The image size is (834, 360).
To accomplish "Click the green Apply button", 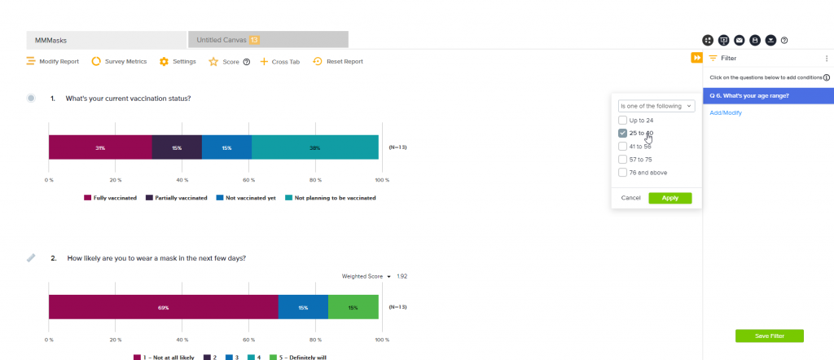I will click(x=669, y=198).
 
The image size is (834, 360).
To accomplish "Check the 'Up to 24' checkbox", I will click(x=623, y=121).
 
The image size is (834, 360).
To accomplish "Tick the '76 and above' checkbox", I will click(x=623, y=173).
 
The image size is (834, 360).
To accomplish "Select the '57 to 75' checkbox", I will click(x=623, y=160).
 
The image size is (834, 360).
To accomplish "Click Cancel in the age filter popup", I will click(x=631, y=198).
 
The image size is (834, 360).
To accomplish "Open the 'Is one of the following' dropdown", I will click(x=656, y=106).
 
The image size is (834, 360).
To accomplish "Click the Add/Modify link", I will click(x=726, y=112).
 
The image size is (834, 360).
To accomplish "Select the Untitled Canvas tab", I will click(x=267, y=39).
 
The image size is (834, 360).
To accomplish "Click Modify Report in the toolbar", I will click(x=54, y=61).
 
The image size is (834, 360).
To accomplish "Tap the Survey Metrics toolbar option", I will click(x=119, y=61).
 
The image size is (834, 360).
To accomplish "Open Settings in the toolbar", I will click(x=178, y=61).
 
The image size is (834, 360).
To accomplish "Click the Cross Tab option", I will click(x=280, y=61).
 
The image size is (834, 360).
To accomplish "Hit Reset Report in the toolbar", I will click(x=338, y=61).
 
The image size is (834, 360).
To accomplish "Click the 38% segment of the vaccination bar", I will click(x=314, y=147).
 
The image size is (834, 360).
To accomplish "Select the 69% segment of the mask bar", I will click(x=163, y=307).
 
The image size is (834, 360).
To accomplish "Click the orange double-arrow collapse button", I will click(x=696, y=58).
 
